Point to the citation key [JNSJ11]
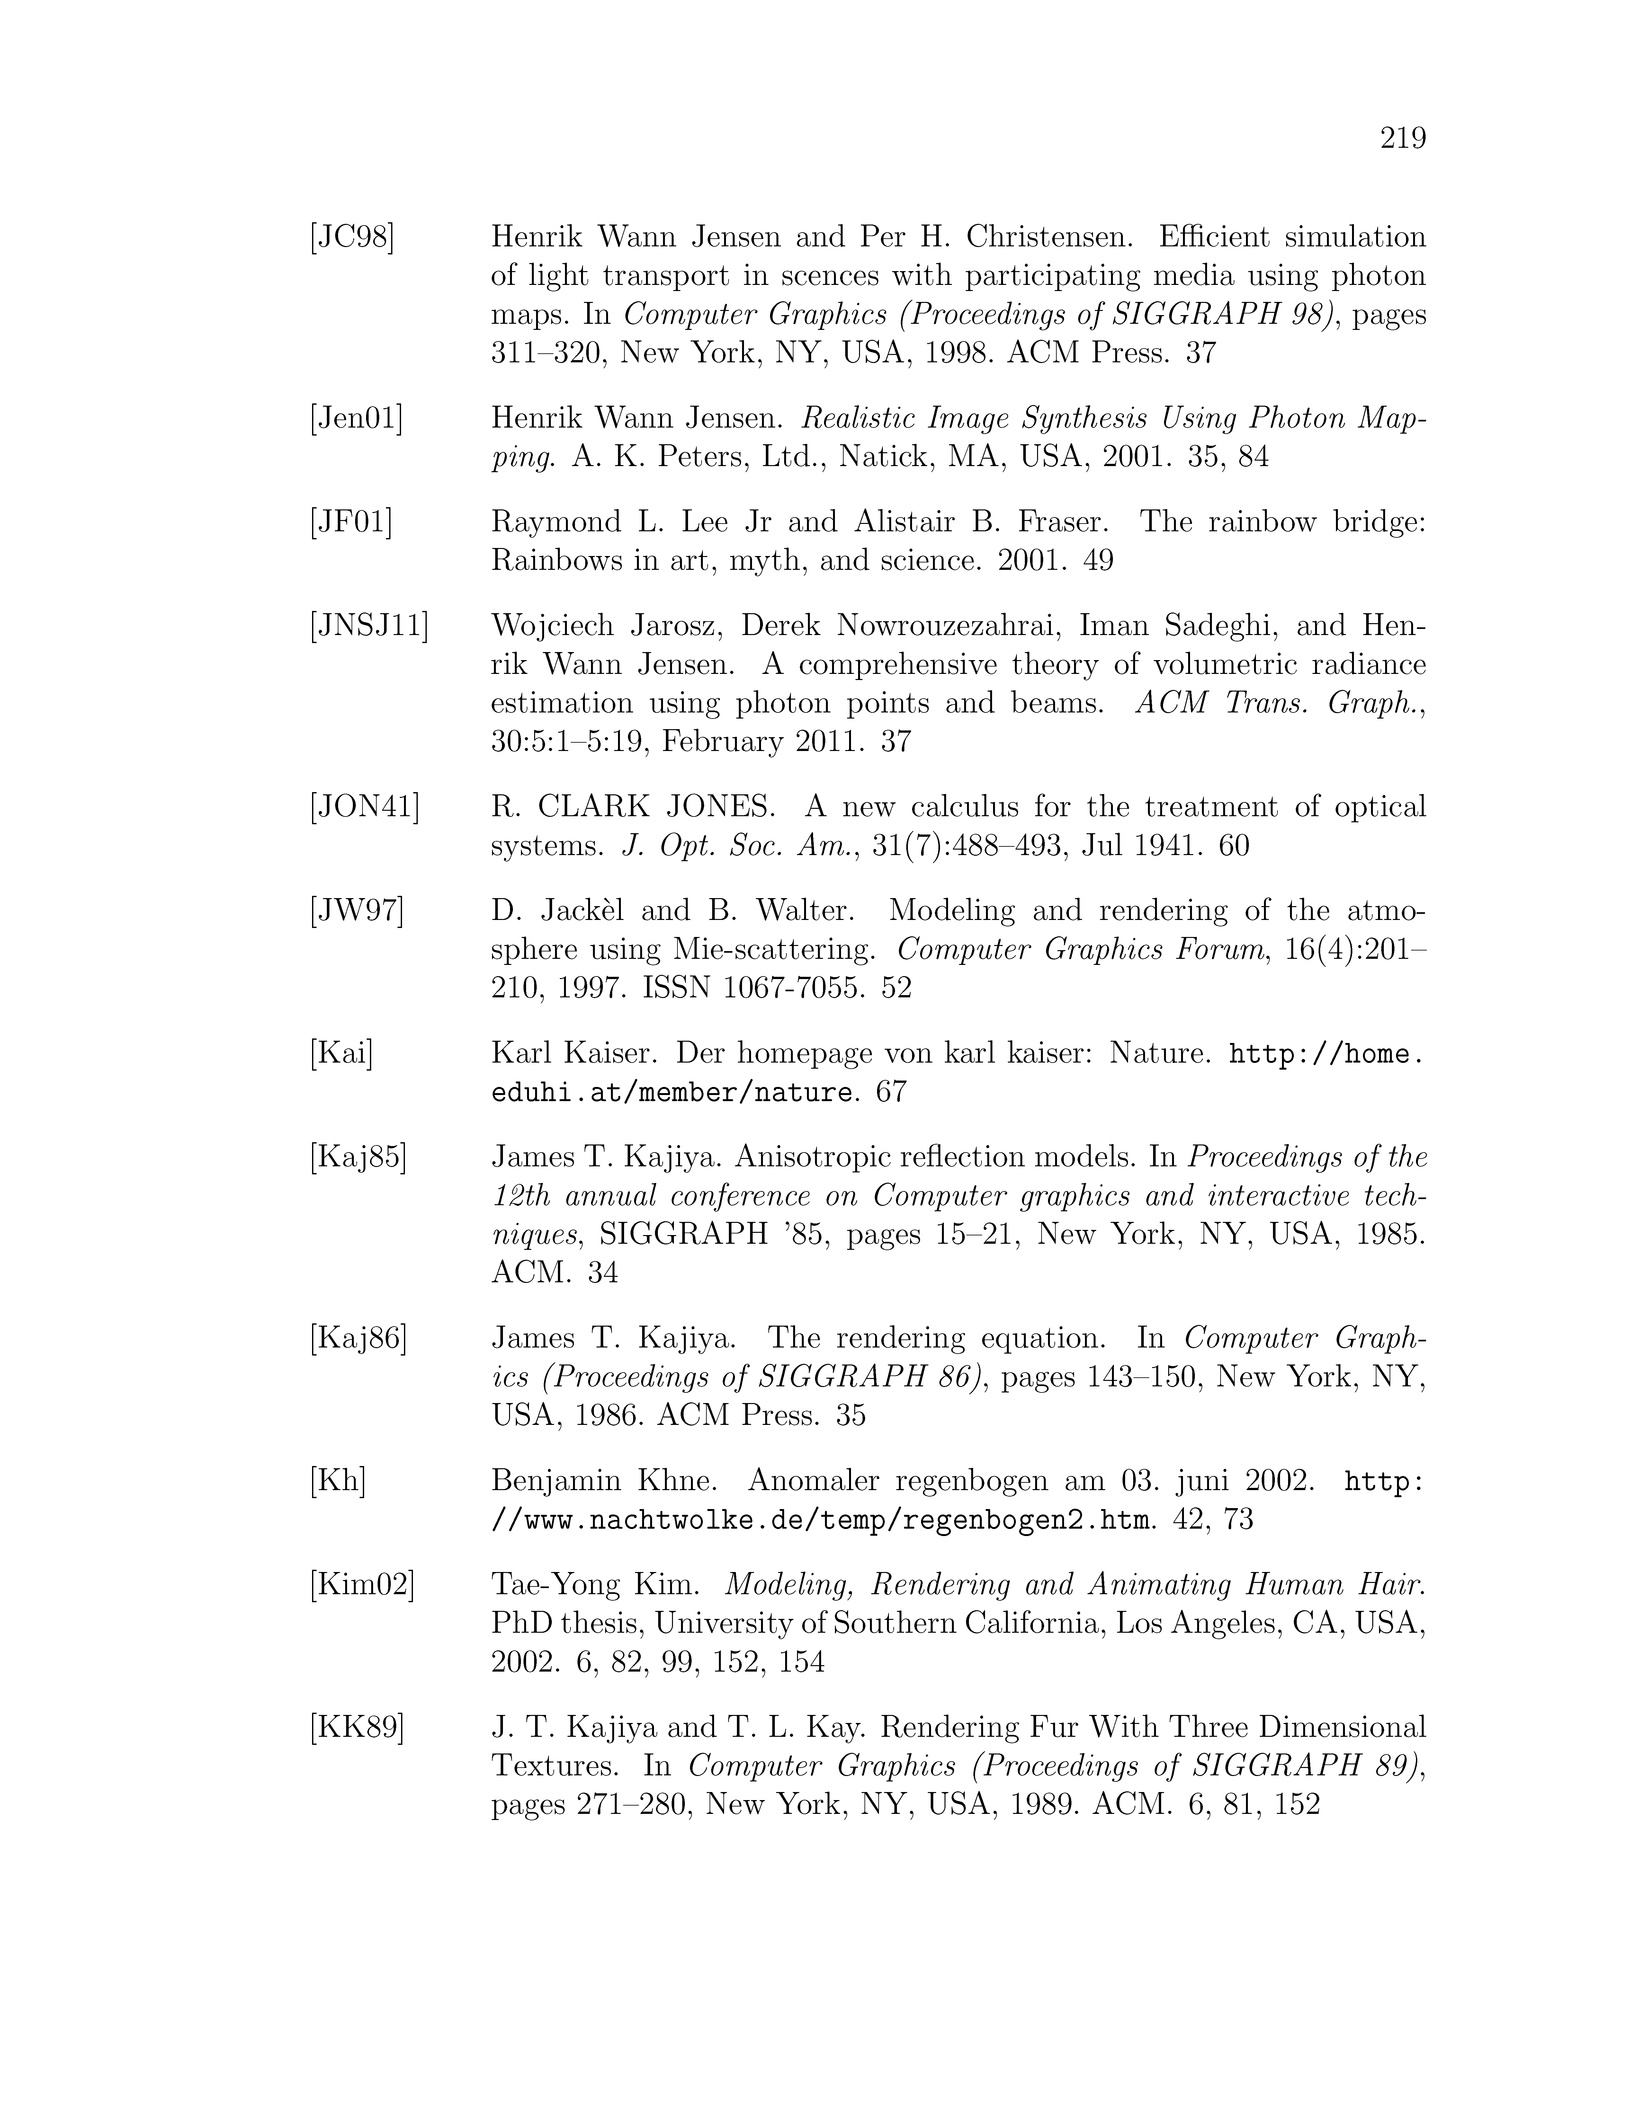[x=369, y=626]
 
